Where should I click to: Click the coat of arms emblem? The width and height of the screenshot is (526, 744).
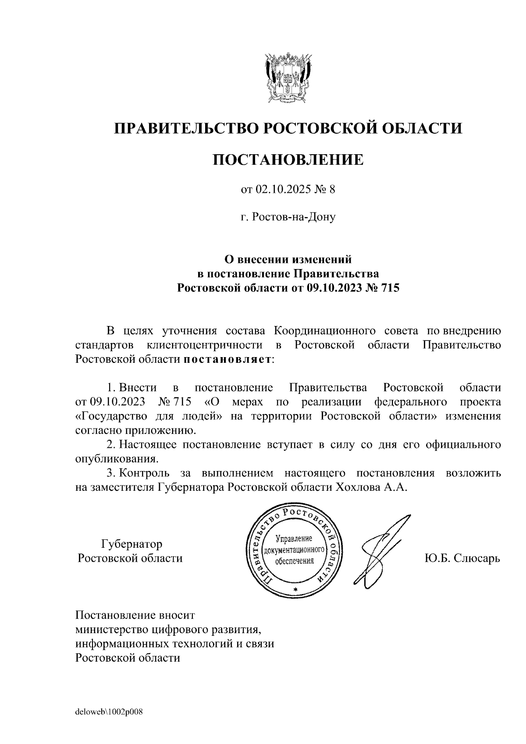click(x=288, y=79)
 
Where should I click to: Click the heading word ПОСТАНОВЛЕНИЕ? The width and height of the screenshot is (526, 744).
click(x=288, y=159)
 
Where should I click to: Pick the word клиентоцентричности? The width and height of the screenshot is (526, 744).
click(x=205, y=345)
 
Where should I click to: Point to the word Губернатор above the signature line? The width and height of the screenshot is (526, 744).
click(x=131, y=544)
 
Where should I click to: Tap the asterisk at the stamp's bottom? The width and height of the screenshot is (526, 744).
click(x=295, y=590)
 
